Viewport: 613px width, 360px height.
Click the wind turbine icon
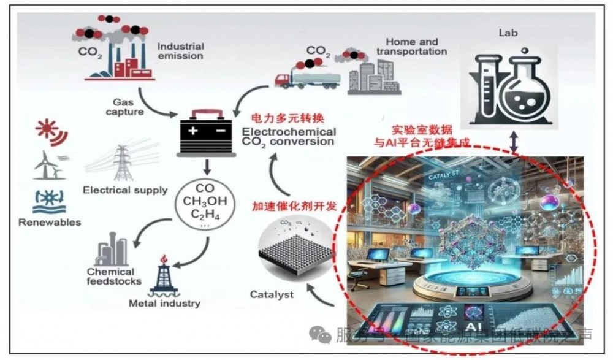click(x=47, y=165)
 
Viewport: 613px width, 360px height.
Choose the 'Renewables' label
click(x=50, y=222)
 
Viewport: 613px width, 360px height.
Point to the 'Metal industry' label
click(x=164, y=303)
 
